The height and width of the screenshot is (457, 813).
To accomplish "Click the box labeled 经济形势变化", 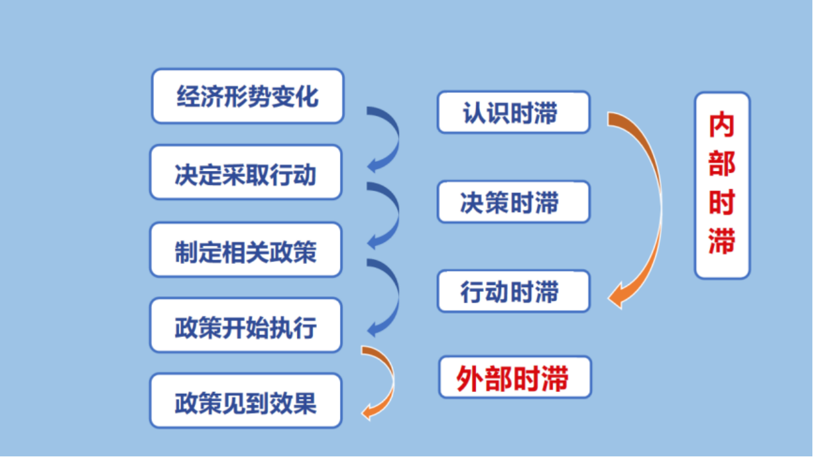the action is [x=247, y=96].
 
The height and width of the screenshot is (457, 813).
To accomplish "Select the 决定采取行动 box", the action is [x=246, y=173].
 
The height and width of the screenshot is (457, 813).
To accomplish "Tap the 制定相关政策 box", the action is [x=246, y=249].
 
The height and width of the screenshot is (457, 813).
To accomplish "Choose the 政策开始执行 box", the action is [x=246, y=325].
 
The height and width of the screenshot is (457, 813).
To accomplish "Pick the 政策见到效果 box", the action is [x=246, y=401].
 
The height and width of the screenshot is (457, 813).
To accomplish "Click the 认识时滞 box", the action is [x=514, y=112].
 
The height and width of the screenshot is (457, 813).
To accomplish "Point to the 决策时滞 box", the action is [x=514, y=202].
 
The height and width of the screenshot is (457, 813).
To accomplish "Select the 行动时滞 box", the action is [x=514, y=291].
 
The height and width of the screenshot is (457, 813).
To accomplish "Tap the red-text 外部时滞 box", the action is [x=515, y=377].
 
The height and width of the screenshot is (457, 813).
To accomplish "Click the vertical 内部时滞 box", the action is [x=722, y=186].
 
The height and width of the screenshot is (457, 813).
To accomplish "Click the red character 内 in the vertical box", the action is [x=722, y=125].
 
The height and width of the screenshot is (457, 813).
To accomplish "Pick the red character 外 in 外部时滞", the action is [x=470, y=378].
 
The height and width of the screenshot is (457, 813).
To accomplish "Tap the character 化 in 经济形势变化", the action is [x=307, y=96].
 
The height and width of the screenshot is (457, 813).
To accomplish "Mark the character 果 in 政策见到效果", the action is [x=305, y=403].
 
